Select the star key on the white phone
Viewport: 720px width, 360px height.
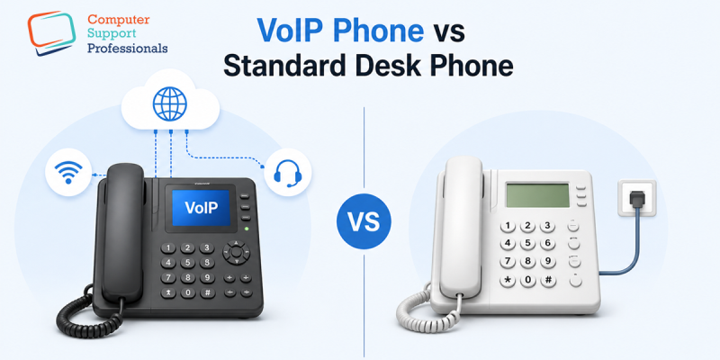coord(508,282)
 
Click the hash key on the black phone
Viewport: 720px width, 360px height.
coord(210,292)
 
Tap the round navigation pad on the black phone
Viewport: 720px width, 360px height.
coord(238,251)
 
